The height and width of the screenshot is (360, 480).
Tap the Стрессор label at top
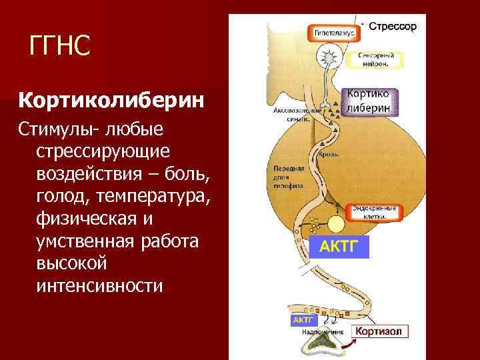click(x=393, y=27)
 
